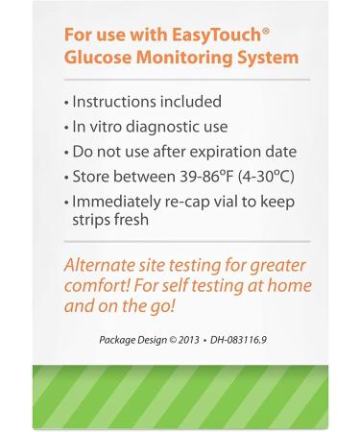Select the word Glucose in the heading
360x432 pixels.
coord(99,58)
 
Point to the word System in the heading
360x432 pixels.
coord(269,58)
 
